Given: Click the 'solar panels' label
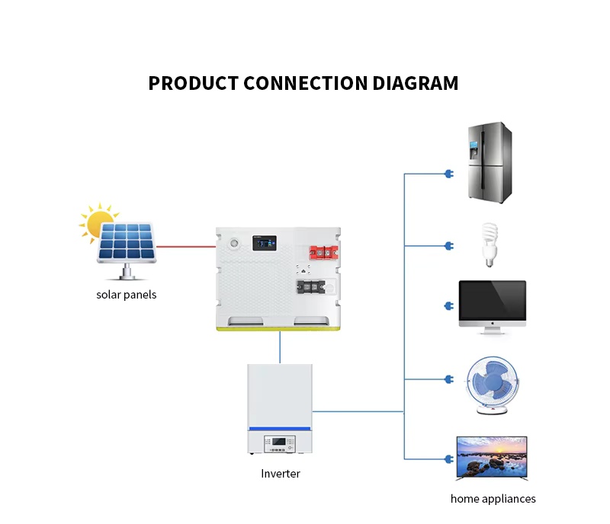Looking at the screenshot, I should click(x=126, y=294).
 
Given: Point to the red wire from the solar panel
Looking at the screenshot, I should click(x=187, y=247).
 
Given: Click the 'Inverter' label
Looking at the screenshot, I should click(x=281, y=474).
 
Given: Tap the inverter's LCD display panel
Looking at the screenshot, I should click(x=279, y=443).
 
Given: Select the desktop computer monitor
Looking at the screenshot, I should click(x=492, y=307).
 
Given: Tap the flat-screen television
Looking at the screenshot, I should click(x=491, y=457).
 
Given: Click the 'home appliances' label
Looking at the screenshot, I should click(x=493, y=499).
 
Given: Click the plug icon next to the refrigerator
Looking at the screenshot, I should click(x=448, y=174).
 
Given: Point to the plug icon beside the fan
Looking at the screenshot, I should click(x=448, y=379).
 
